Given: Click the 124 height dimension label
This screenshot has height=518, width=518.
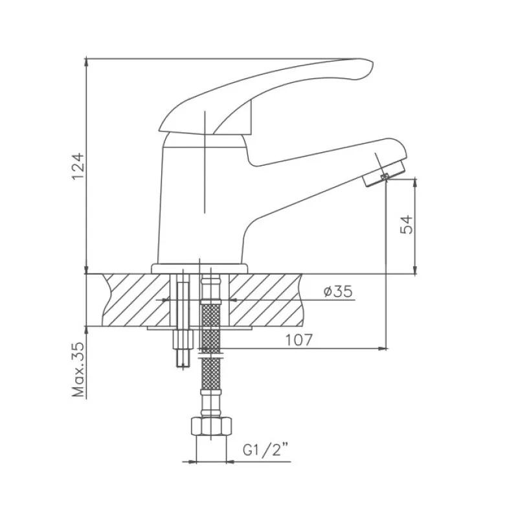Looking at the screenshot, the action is pyautogui.click(x=78, y=166).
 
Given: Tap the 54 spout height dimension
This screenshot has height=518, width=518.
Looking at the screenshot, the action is pyautogui.click(x=407, y=225).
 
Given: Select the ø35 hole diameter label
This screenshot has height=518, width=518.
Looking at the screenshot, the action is pyautogui.click(x=338, y=291).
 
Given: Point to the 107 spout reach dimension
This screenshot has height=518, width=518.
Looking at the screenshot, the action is pyautogui.click(x=299, y=340).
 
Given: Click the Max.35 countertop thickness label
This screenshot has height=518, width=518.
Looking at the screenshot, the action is pyautogui.click(x=78, y=369).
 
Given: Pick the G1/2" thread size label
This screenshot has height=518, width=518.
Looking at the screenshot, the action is pyautogui.click(x=265, y=450).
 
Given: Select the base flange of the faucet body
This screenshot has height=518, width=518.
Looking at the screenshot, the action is pyautogui.click(x=199, y=269).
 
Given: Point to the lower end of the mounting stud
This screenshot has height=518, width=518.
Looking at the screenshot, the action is pyautogui.click(x=183, y=365).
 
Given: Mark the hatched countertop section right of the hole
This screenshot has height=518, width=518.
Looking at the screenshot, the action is pyautogui.click(x=265, y=300).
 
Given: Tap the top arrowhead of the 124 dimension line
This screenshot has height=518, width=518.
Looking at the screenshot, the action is pyautogui.click(x=87, y=59).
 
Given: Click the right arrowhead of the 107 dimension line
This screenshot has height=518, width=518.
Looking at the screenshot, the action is pyautogui.click(x=385, y=348).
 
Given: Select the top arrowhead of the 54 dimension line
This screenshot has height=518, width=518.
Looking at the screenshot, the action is pyautogui.click(x=415, y=179).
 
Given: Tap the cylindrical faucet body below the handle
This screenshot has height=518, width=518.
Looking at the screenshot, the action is pyautogui.click(x=202, y=205).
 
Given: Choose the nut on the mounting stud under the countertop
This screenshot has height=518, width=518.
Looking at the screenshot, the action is pyautogui.click(x=183, y=339).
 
